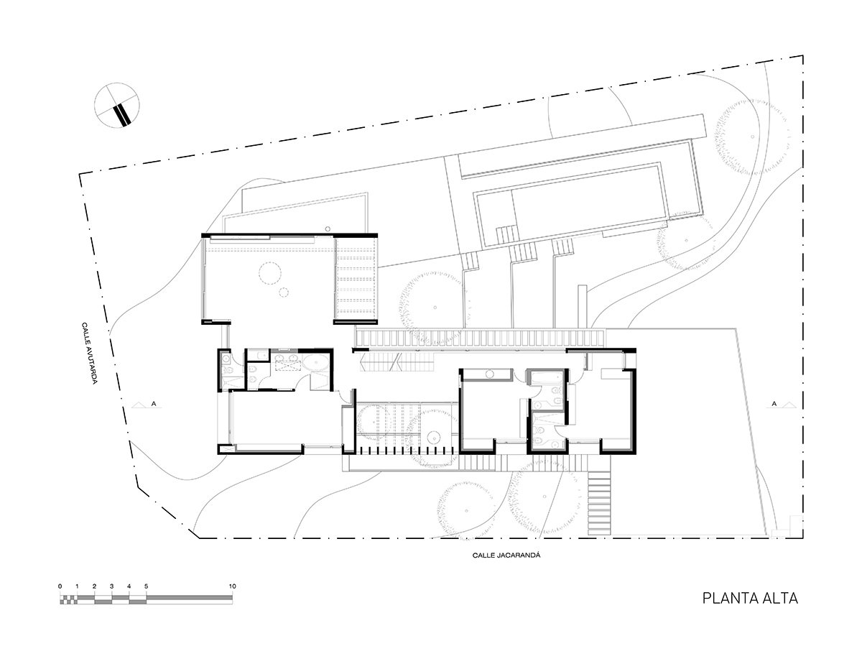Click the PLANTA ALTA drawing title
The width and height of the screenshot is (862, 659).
(749, 598)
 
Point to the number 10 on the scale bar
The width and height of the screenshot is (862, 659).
(232, 586)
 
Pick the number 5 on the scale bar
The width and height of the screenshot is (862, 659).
(147, 586)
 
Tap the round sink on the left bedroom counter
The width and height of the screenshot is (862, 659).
(490, 373)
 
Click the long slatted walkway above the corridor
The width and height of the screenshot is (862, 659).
(481, 338)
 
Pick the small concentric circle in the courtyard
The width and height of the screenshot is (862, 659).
(434, 438)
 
